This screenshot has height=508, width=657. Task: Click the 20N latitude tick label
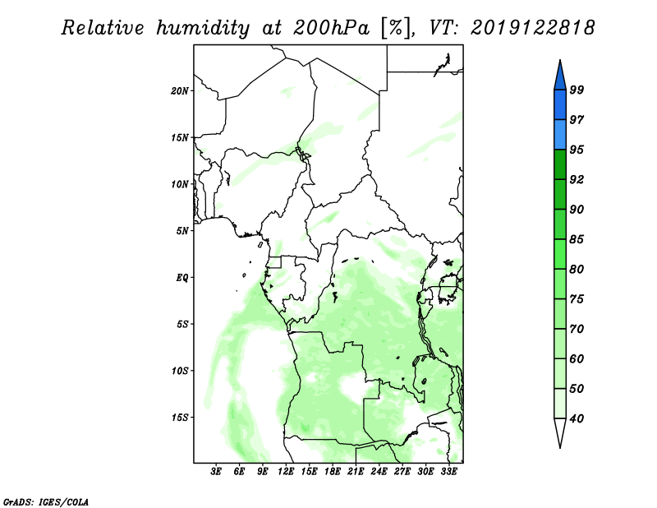pos(180,91)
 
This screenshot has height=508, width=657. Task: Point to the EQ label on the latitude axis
pos(181,278)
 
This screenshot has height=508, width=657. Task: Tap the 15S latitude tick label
pos(180,418)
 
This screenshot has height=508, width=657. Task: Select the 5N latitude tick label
pos(182,231)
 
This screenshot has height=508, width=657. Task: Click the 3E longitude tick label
pos(216,472)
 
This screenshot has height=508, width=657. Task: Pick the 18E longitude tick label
pos(333,472)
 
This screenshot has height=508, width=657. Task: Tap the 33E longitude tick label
pos(448,472)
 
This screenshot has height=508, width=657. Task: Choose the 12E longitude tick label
pos(286,472)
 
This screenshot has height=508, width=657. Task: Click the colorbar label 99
pos(577,90)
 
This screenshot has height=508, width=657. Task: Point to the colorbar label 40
pos(577,418)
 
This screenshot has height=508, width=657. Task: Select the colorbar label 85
pos(577,239)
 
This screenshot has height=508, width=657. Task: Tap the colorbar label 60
pos(577,358)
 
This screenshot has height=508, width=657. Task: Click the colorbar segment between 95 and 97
pos(560,135)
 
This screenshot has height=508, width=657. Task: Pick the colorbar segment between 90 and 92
pos(560,194)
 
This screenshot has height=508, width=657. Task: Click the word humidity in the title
pos(203,28)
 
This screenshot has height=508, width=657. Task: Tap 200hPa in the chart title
pos(332,28)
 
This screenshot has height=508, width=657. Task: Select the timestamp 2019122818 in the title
pos(532,28)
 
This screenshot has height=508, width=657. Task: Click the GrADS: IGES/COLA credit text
pos(46,501)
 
